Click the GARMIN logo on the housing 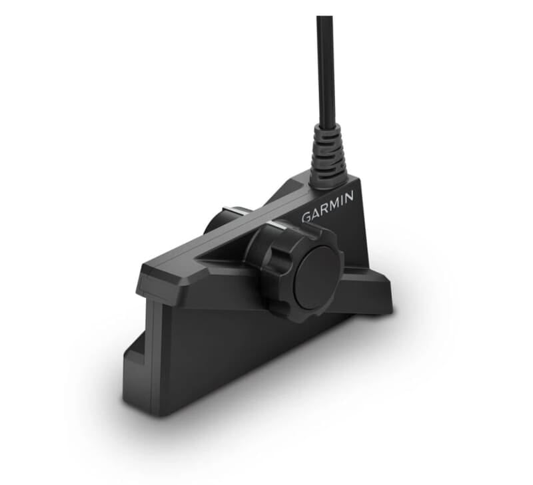(x=328, y=207)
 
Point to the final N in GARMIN (x=351, y=196)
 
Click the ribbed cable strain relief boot (x=329, y=156)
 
